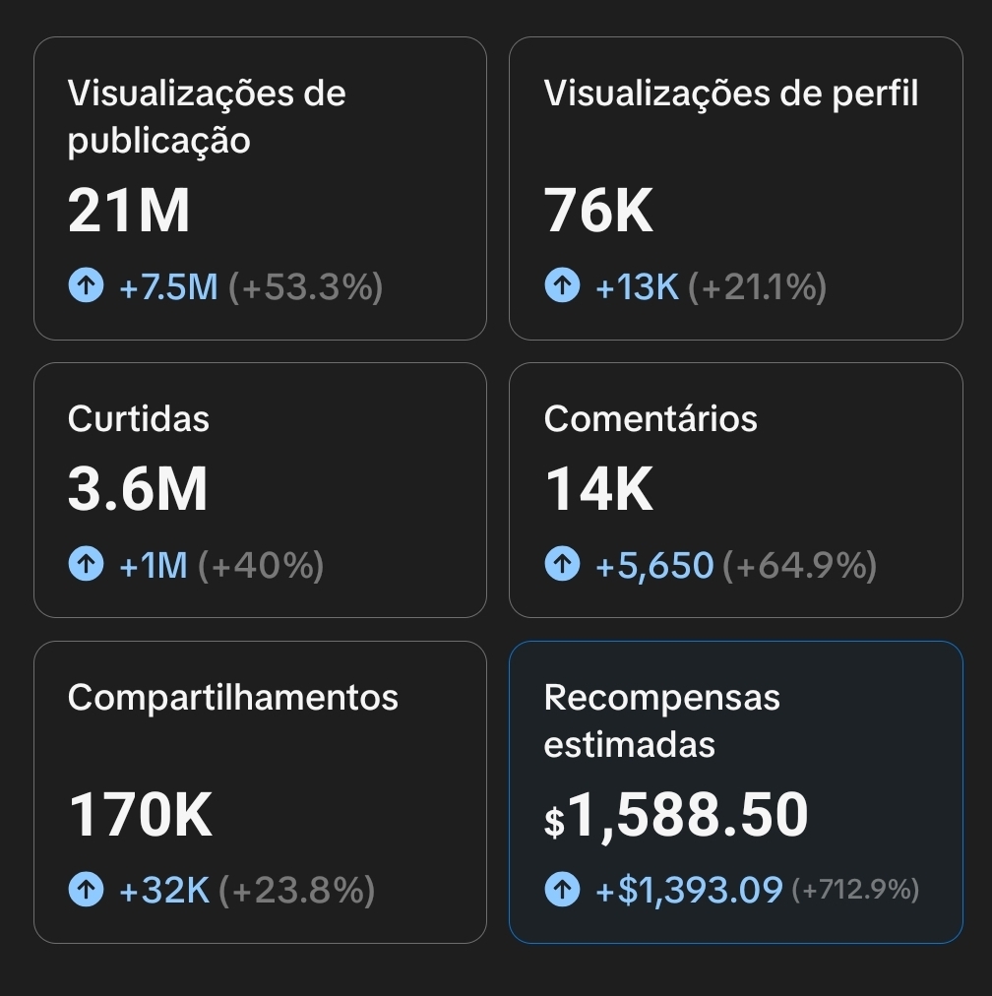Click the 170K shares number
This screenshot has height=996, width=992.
[x=141, y=816]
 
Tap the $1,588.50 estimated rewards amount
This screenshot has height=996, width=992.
[x=676, y=816]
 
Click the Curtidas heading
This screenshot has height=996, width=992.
[x=139, y=419]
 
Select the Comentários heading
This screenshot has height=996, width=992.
[x=651, y=419]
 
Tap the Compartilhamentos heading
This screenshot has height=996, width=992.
[x=233, y=698]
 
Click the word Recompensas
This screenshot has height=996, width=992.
[x=661, y=698]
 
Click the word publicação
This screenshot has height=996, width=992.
[x=159, y=142]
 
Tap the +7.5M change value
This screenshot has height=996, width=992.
[x=168, y=287]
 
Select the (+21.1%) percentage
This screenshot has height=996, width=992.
[x=757, y=287]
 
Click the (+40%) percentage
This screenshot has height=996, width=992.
[x=261, y=566]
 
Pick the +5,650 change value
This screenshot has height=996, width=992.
[x=654, y=566]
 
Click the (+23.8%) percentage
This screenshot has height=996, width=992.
[x=296, y=891]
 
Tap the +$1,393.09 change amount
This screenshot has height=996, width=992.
[x=689, y=891]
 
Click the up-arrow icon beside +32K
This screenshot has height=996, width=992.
[x=86, y=891]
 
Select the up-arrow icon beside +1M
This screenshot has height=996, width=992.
[x=86, y=566]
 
